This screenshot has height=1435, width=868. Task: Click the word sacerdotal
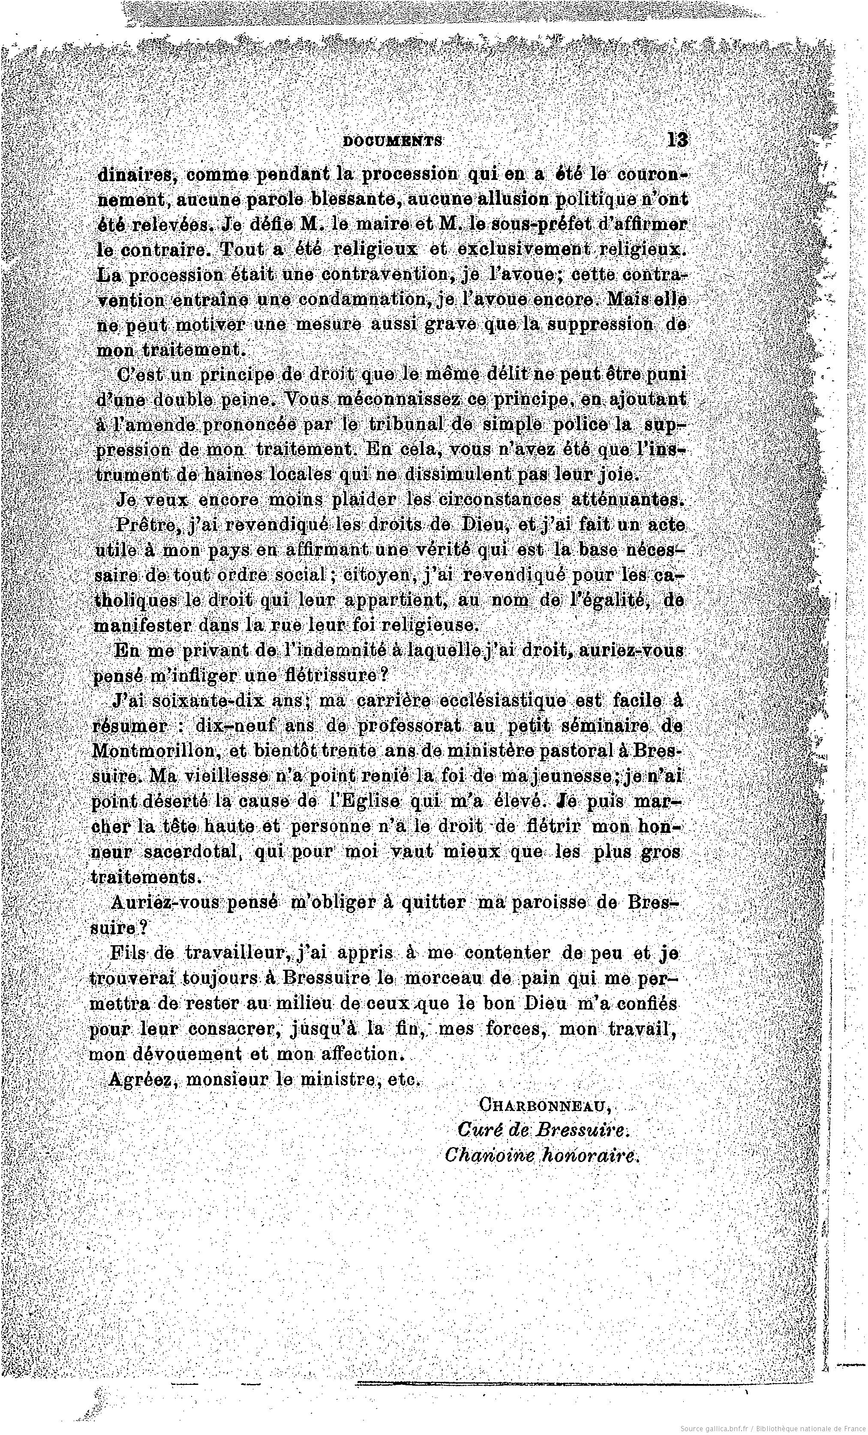tap(192, 852)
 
